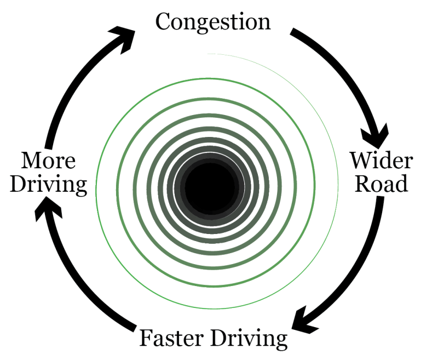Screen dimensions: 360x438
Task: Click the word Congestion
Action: tap(213, 22)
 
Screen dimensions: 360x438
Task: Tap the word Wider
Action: tap(381, 161)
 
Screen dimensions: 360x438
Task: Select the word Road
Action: tap(382, 184)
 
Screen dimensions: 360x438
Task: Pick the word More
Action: tap(49, 162)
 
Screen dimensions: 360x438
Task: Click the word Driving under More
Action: tap(49, 185)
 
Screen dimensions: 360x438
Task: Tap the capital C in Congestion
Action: tap(163, 22)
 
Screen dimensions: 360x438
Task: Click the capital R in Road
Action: tap(362, 184)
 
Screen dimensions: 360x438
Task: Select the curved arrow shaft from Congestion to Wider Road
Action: tap(339, 66)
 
